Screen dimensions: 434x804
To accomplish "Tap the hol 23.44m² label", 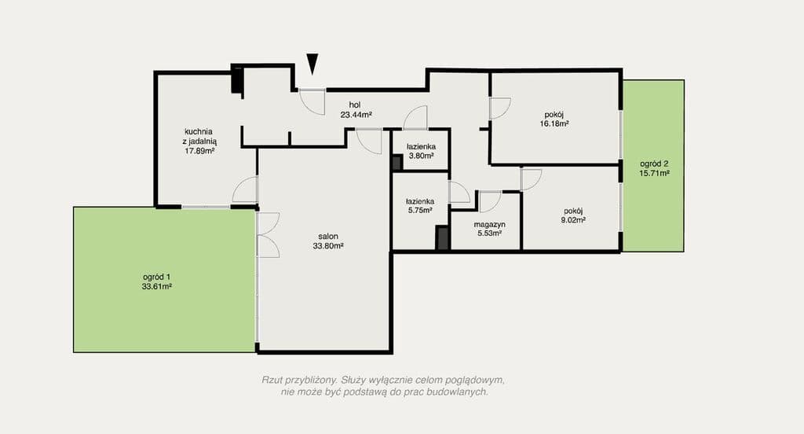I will [x=356, y=108].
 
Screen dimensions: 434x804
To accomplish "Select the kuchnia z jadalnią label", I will [x=200, y=141].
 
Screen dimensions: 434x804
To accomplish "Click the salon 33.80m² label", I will [x=328, y=241].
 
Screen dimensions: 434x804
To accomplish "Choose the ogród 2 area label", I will [x=654, y=168].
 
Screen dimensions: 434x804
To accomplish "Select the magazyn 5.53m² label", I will [x=489, y=229].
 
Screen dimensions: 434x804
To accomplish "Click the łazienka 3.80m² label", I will [x=421, y=150].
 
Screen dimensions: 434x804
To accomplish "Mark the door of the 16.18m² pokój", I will [x=499, y=108].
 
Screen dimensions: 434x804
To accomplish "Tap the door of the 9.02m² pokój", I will [x=531, y=179].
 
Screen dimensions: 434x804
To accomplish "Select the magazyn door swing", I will [x=490, y=201].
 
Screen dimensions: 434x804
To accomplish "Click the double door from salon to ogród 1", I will [x=267, y=235].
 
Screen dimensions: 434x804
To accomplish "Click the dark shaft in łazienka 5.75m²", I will [x=443, y=237].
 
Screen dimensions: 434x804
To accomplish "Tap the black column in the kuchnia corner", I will [x=236, y=79].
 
